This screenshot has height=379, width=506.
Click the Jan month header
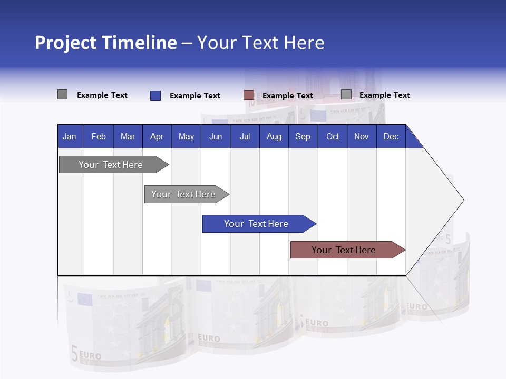[70, 136]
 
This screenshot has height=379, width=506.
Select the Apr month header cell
[157, 136]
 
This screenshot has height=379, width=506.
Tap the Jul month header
[245, 136]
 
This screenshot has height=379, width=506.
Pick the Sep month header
[303, 136]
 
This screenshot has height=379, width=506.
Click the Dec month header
[391, 136]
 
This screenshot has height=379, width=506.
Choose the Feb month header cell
[99, 136]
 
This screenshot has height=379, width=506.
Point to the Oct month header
[333, 136]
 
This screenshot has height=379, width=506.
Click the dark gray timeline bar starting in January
[111, 165]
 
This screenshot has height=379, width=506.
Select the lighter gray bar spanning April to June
[184, 194]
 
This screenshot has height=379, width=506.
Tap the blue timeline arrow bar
[257, 224]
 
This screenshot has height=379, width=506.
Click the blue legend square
[155, 95]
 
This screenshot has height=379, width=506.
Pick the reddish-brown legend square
[249, 95]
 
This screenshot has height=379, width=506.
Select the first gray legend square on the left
[62, 95]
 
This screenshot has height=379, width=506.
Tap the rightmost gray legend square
[346, 95]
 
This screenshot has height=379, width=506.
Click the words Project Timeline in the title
[105, 43]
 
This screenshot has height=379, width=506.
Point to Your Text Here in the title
[260, 43]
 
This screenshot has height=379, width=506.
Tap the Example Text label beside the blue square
[194, 96]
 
